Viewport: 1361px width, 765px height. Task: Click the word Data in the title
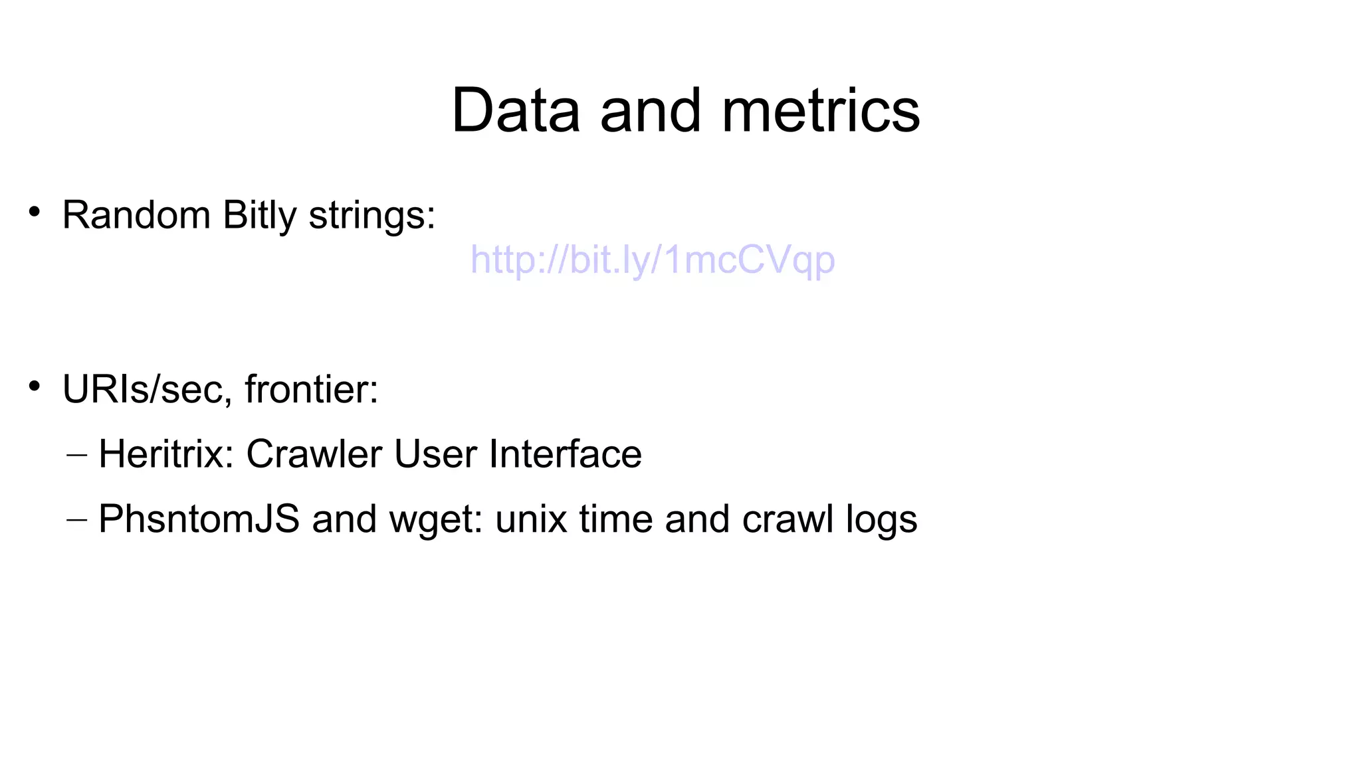(x=516, y=110)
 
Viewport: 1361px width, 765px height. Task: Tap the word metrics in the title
(x=821, y=110)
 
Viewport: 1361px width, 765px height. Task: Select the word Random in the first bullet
(x=136, y=215)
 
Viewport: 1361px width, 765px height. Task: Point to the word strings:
(x=372, y=216)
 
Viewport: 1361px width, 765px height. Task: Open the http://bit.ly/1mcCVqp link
(x=652, y=260)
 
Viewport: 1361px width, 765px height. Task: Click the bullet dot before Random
(x=35, y=212)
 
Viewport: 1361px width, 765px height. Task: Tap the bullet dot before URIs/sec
(x=35, y=386)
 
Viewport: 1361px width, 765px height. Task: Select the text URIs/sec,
(x=147, y=389)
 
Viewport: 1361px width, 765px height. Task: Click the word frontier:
(x=311, y=389)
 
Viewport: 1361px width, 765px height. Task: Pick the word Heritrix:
(x=166, y=454)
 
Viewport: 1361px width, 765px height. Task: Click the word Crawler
(x=314, y=454)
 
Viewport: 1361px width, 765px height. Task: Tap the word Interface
(x=565, y=454)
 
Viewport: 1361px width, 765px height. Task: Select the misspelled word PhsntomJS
(x=199, y=519)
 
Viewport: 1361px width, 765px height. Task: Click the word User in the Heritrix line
(x=435, y=454)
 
